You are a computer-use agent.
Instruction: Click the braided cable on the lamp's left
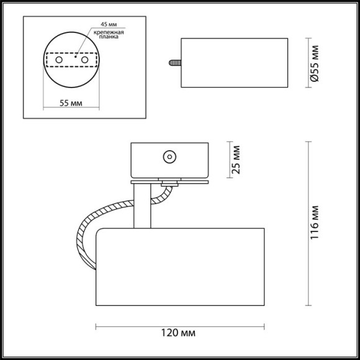pos(87,233)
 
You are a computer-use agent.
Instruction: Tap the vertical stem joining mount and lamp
pos(141,205)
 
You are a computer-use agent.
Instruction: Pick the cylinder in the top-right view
pos(234,63)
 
